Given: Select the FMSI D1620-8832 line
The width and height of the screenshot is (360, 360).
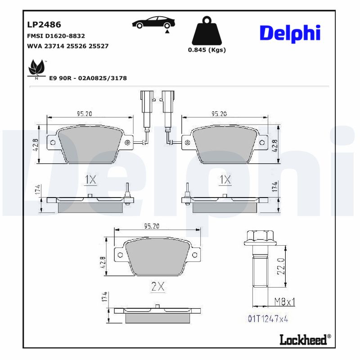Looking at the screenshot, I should (x=56, y=36).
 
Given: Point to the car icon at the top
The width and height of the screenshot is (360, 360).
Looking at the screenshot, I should (x=154, y=23).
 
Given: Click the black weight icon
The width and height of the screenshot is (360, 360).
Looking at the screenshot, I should (x=207, y=31).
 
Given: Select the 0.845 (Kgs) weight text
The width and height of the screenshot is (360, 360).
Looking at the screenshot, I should (x=207, y=50).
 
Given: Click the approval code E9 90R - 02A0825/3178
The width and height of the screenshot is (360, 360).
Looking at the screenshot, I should (x=88, y=78).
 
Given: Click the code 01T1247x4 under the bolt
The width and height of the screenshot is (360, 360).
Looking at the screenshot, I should (x=268, y=319).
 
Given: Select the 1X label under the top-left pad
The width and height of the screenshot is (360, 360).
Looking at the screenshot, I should (x=90, y=180).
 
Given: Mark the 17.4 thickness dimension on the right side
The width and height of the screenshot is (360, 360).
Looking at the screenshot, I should (x=275, y=187).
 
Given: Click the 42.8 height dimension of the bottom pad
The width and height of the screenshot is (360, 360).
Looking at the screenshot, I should (x=103, y=262).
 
